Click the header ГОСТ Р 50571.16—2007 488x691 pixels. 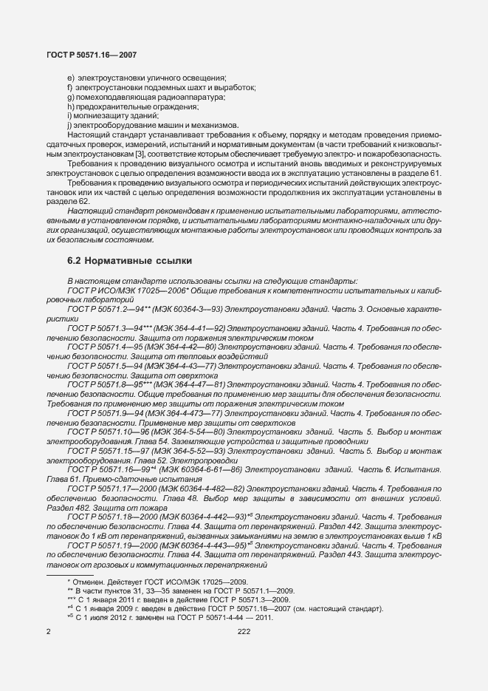point(91,55)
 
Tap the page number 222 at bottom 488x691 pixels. point(244,632)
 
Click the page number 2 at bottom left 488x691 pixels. point(48,632)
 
